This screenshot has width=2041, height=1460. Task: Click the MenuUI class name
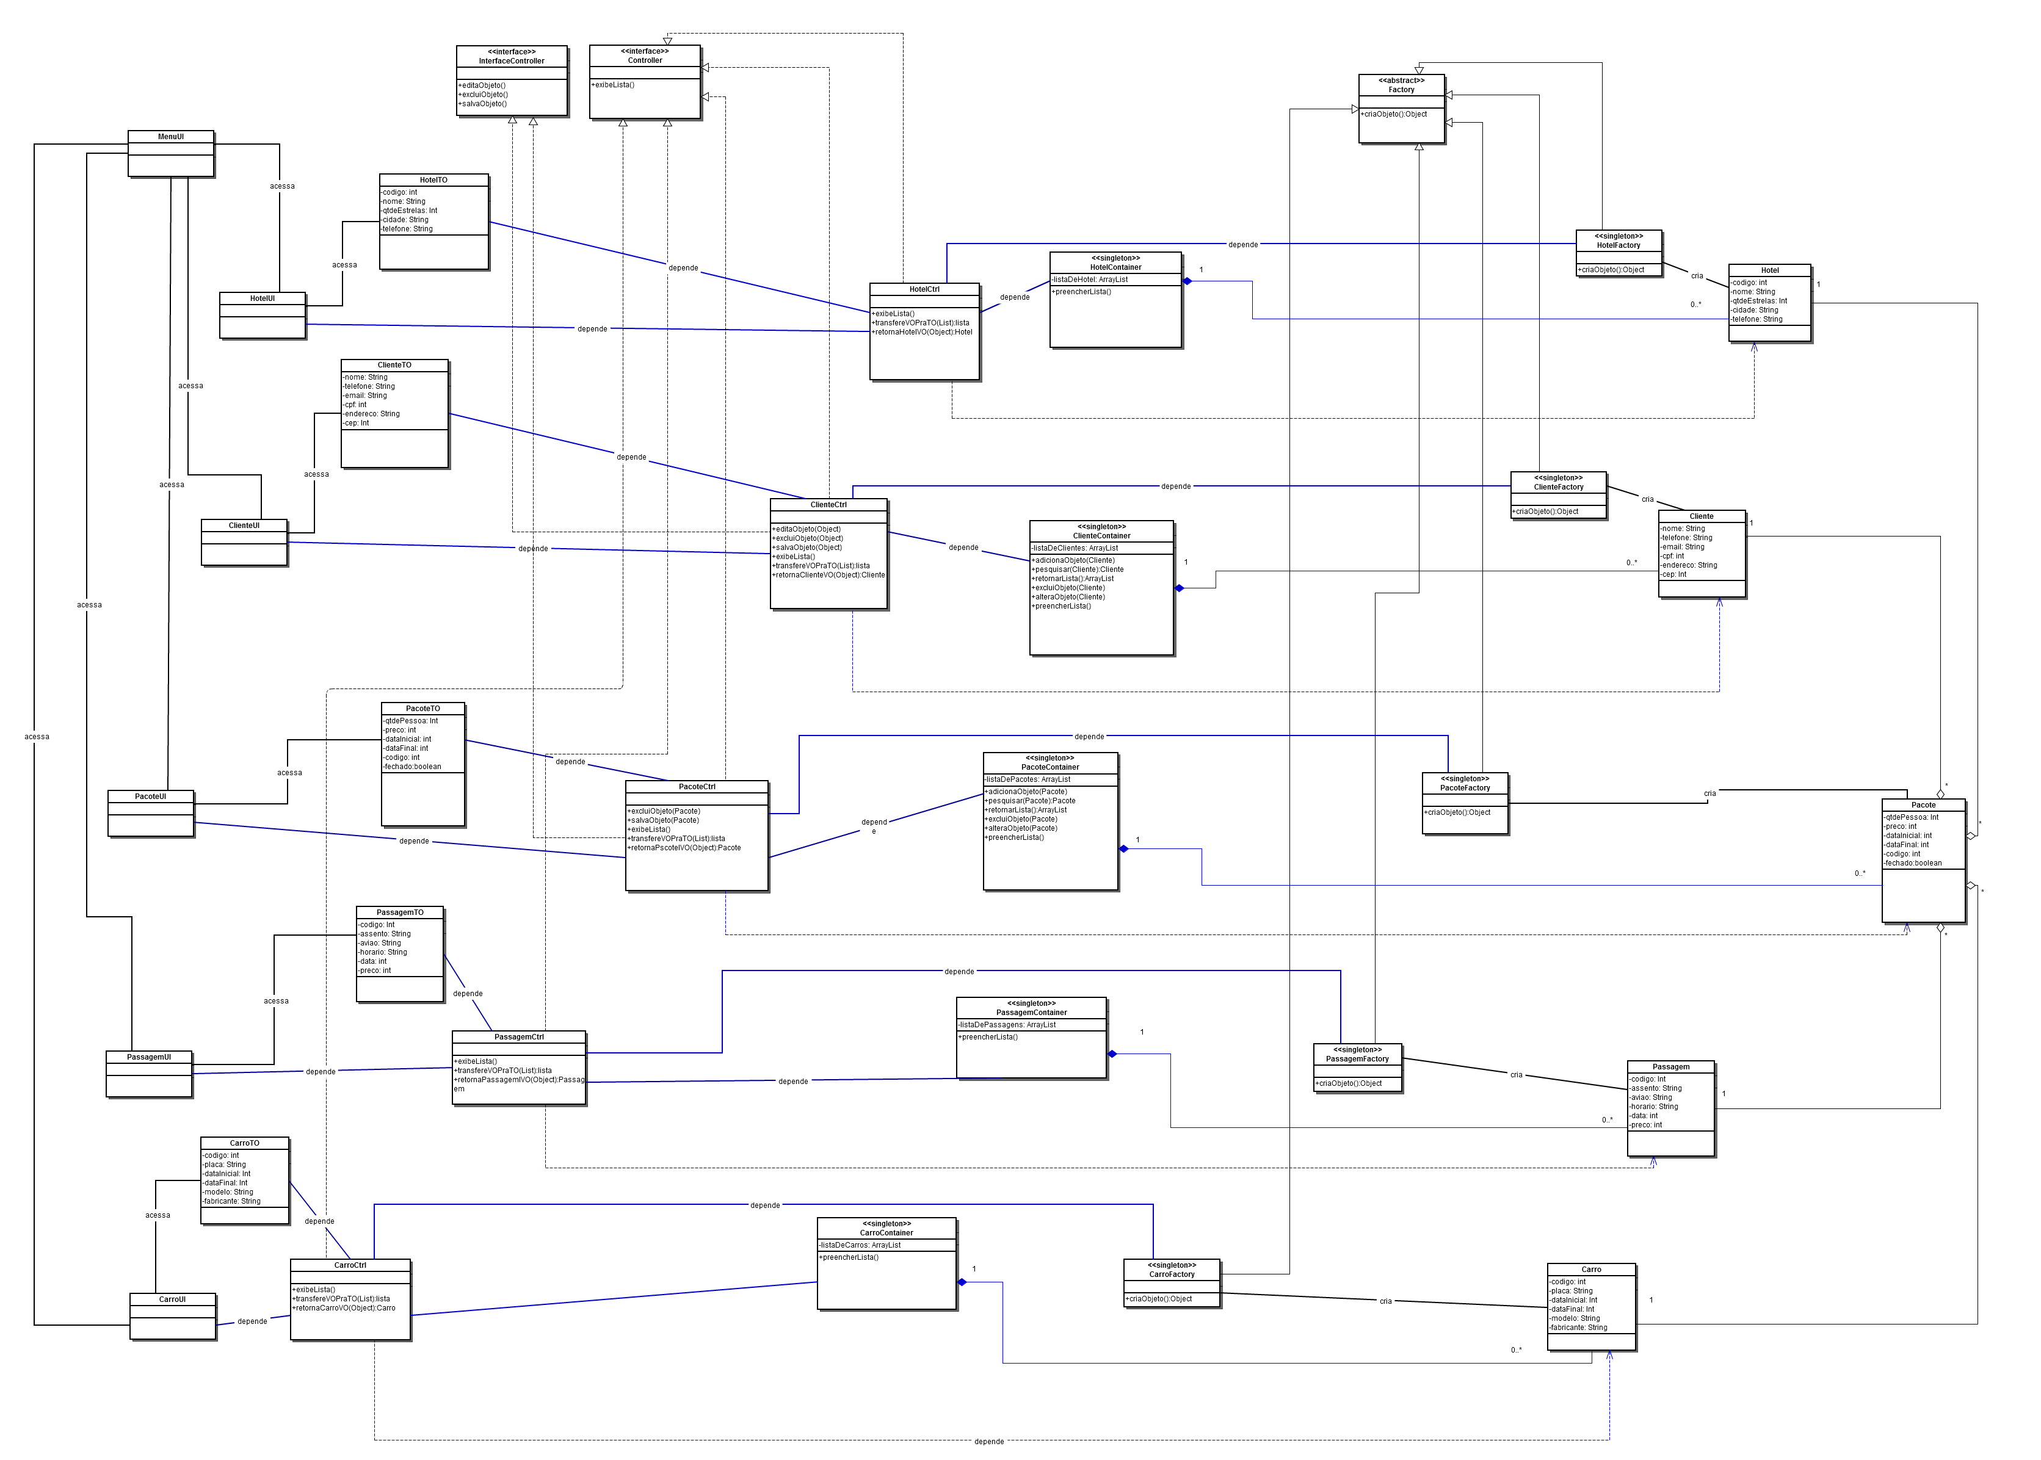tap(171, 137)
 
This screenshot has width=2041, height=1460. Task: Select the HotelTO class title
tap(433, 180)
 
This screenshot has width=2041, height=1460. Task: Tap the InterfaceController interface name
tap(512, 61)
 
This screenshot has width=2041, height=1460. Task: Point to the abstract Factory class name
tap(1401, 90)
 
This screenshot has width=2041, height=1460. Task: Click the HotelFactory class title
tap(1619, 245)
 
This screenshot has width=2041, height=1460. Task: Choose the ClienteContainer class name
tap(1101, 536)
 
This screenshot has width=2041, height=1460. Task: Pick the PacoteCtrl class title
tap(697, 787)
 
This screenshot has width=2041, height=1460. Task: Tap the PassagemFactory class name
tap(1358, 1059)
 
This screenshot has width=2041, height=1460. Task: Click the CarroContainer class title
tap(886, 1232)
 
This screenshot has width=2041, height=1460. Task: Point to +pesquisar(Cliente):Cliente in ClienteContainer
tap(1078, 569)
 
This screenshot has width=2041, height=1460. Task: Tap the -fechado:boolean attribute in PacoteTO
tap(413, 767)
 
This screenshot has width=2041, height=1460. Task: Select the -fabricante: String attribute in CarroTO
tap(232, 1201)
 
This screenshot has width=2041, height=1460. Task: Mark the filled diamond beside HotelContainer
tap(1187, 281)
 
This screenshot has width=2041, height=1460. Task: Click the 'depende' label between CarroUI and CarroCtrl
tap(252, 1321)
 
